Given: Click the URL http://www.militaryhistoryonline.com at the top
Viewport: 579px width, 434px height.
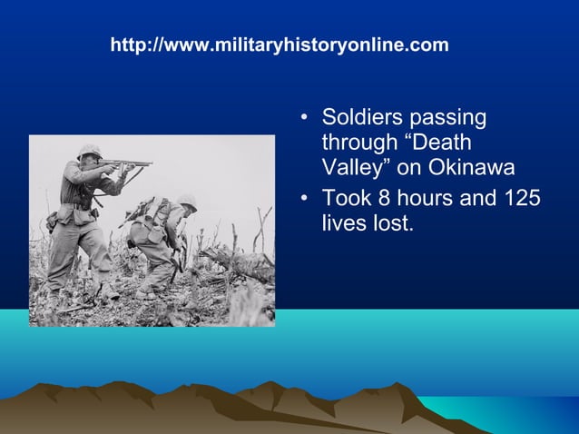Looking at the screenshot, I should [x=279, y=44].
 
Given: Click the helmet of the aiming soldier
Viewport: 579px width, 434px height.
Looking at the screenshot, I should [x=89, y=151].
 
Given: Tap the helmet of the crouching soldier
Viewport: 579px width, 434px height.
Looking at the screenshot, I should [x=187, y=202].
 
